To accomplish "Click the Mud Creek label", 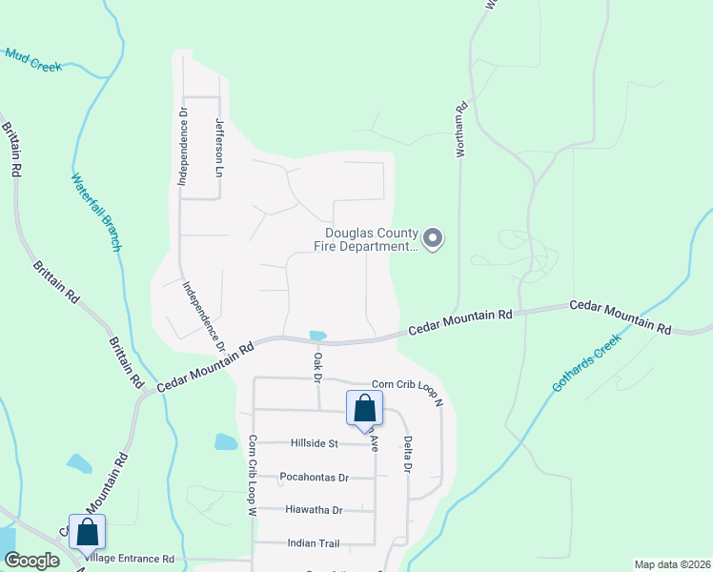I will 33,60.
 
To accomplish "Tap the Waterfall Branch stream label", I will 95,212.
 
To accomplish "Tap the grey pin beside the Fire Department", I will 434,237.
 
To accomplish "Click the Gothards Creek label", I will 586,363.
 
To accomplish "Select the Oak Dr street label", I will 317,365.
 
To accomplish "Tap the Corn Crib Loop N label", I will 408,390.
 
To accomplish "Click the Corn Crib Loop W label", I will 254,476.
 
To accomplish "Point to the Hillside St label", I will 314,443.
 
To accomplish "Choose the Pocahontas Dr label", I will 315,477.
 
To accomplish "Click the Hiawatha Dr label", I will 314,510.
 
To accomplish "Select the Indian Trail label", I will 314,543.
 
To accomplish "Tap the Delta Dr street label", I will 407,455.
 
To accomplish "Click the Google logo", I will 31,561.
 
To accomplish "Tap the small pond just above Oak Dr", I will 316,336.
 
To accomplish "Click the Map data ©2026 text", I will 671,564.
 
